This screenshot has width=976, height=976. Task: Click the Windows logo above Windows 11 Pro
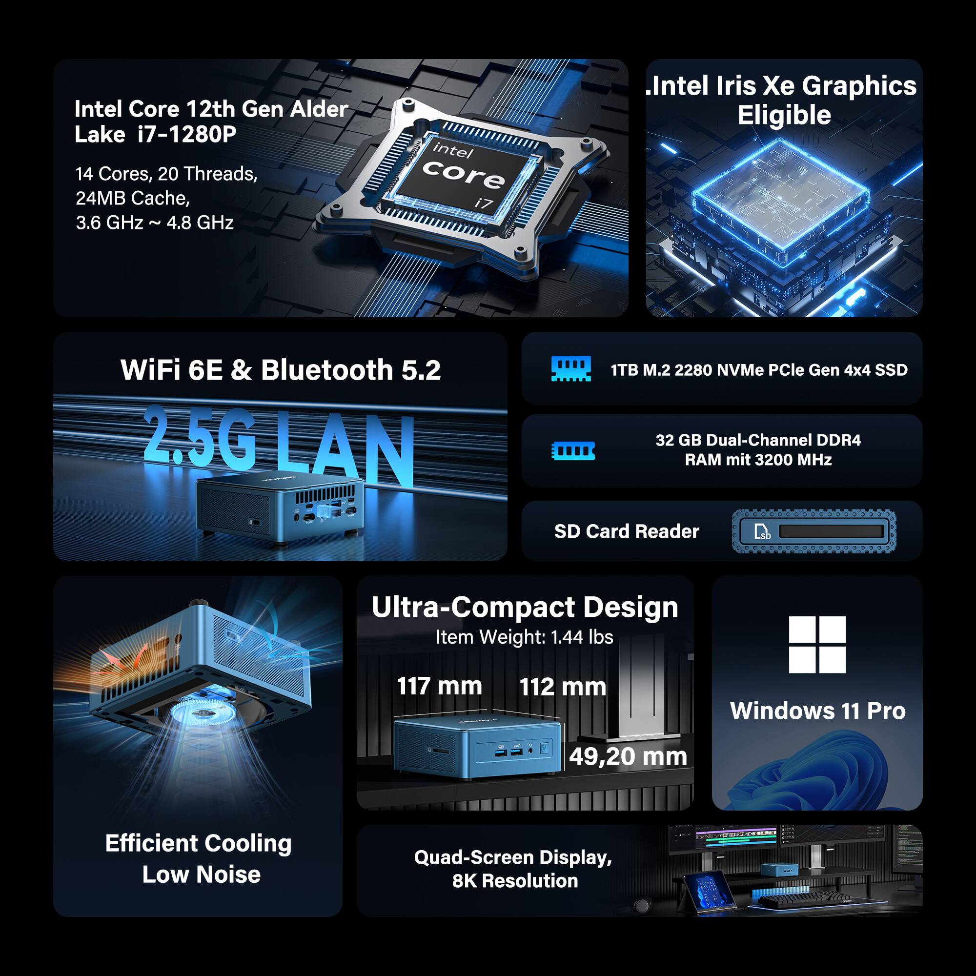(x=817, y=644)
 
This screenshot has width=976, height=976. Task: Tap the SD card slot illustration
(x=814, y=531)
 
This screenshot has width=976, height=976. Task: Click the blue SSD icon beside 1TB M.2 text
(x=571, y=369)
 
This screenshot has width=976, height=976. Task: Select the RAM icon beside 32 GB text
(x=572, y=450)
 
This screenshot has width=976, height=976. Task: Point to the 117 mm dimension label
(x=439, y=686)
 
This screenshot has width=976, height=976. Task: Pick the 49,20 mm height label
(x=628, y=756)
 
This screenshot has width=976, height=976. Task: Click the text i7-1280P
(x=186, y=134)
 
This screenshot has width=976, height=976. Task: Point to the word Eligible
(x=784, y=115)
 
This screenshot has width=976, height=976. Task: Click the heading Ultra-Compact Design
(x=525, y=607)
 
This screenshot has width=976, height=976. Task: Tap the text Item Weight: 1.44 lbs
(x=525, y=637)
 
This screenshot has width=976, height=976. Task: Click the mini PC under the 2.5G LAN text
(x=279, y=508)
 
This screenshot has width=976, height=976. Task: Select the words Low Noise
(x=201, y=874)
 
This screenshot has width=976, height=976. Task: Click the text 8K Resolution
(x=515, y=881)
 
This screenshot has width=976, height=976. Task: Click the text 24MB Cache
(x=132, y=199)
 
